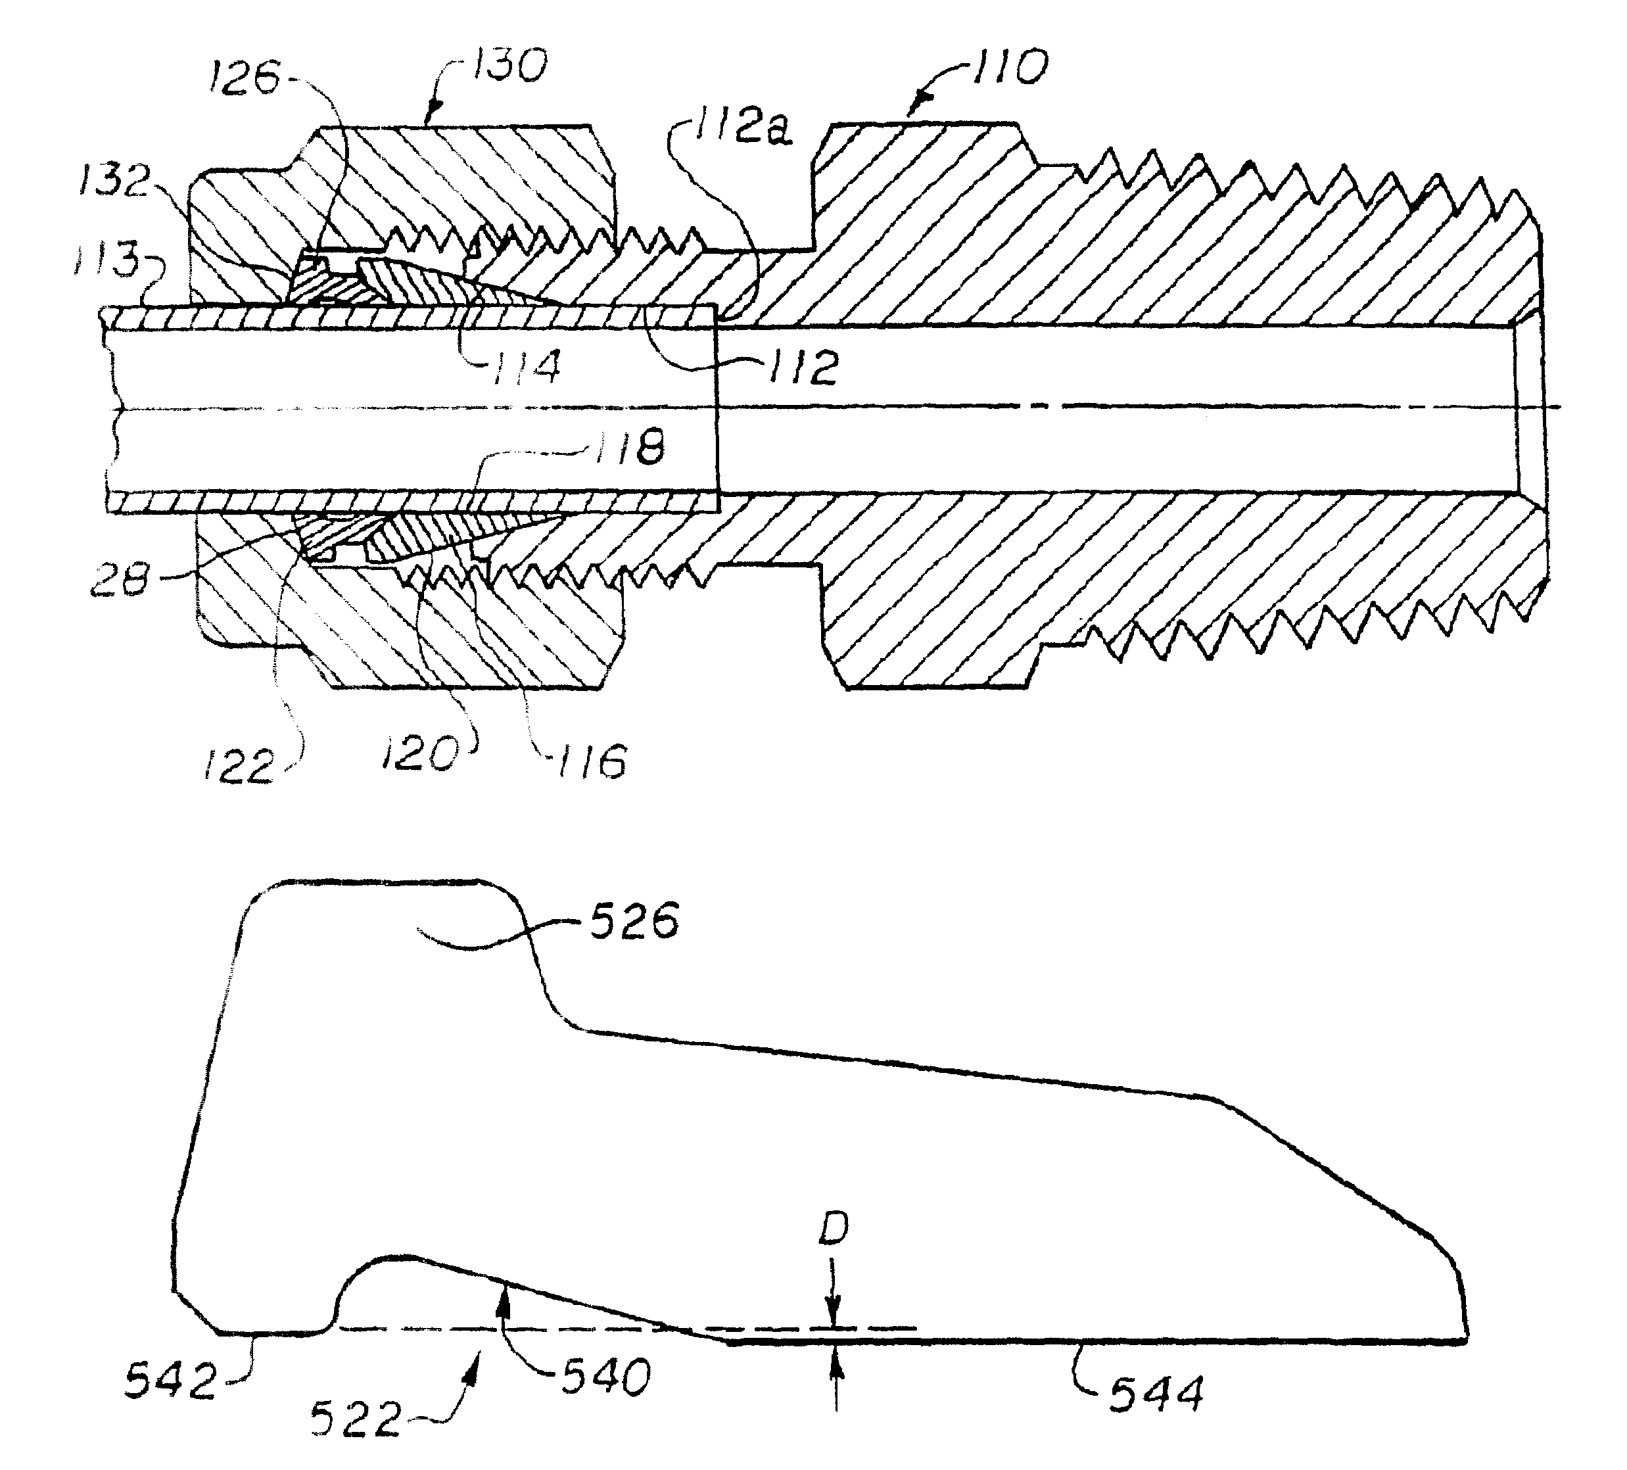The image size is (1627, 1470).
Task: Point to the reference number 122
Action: click(239, 766)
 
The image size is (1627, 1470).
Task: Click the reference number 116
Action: click(592, 762)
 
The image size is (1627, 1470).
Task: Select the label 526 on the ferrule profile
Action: click(634, 922)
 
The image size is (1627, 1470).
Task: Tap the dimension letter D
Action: click(834, 1229)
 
